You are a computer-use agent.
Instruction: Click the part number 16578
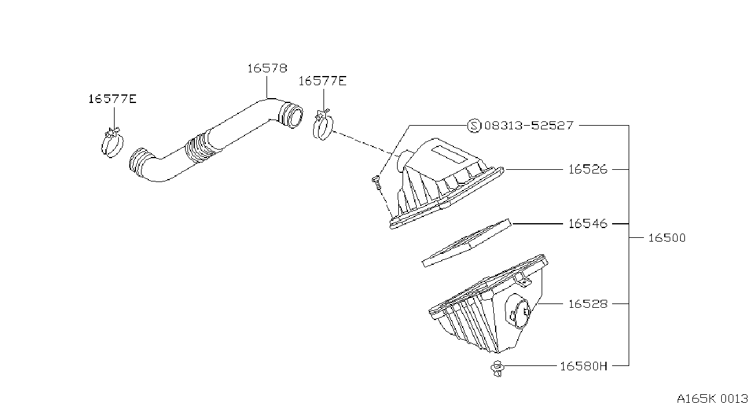(267, 68)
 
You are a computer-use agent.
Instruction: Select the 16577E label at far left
(112, 99)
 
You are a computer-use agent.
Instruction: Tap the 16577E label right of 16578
(322, 81)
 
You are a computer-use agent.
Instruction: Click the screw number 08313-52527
(528, 126)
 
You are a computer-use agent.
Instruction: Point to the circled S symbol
(474, 126)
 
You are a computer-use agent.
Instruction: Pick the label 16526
(588, 169)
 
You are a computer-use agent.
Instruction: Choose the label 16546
(588, 224)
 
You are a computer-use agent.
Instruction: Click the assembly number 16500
(667, 238)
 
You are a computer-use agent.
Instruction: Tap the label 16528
(588, 304)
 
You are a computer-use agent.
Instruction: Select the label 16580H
(584, 366)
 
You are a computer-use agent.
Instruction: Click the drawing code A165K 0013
(713, 399)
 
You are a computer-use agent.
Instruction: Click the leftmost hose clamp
(112, 143)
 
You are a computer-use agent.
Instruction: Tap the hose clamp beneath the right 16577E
(323, 124)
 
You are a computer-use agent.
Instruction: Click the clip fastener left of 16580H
(497, 368)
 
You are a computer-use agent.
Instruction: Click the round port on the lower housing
(518, 311)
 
